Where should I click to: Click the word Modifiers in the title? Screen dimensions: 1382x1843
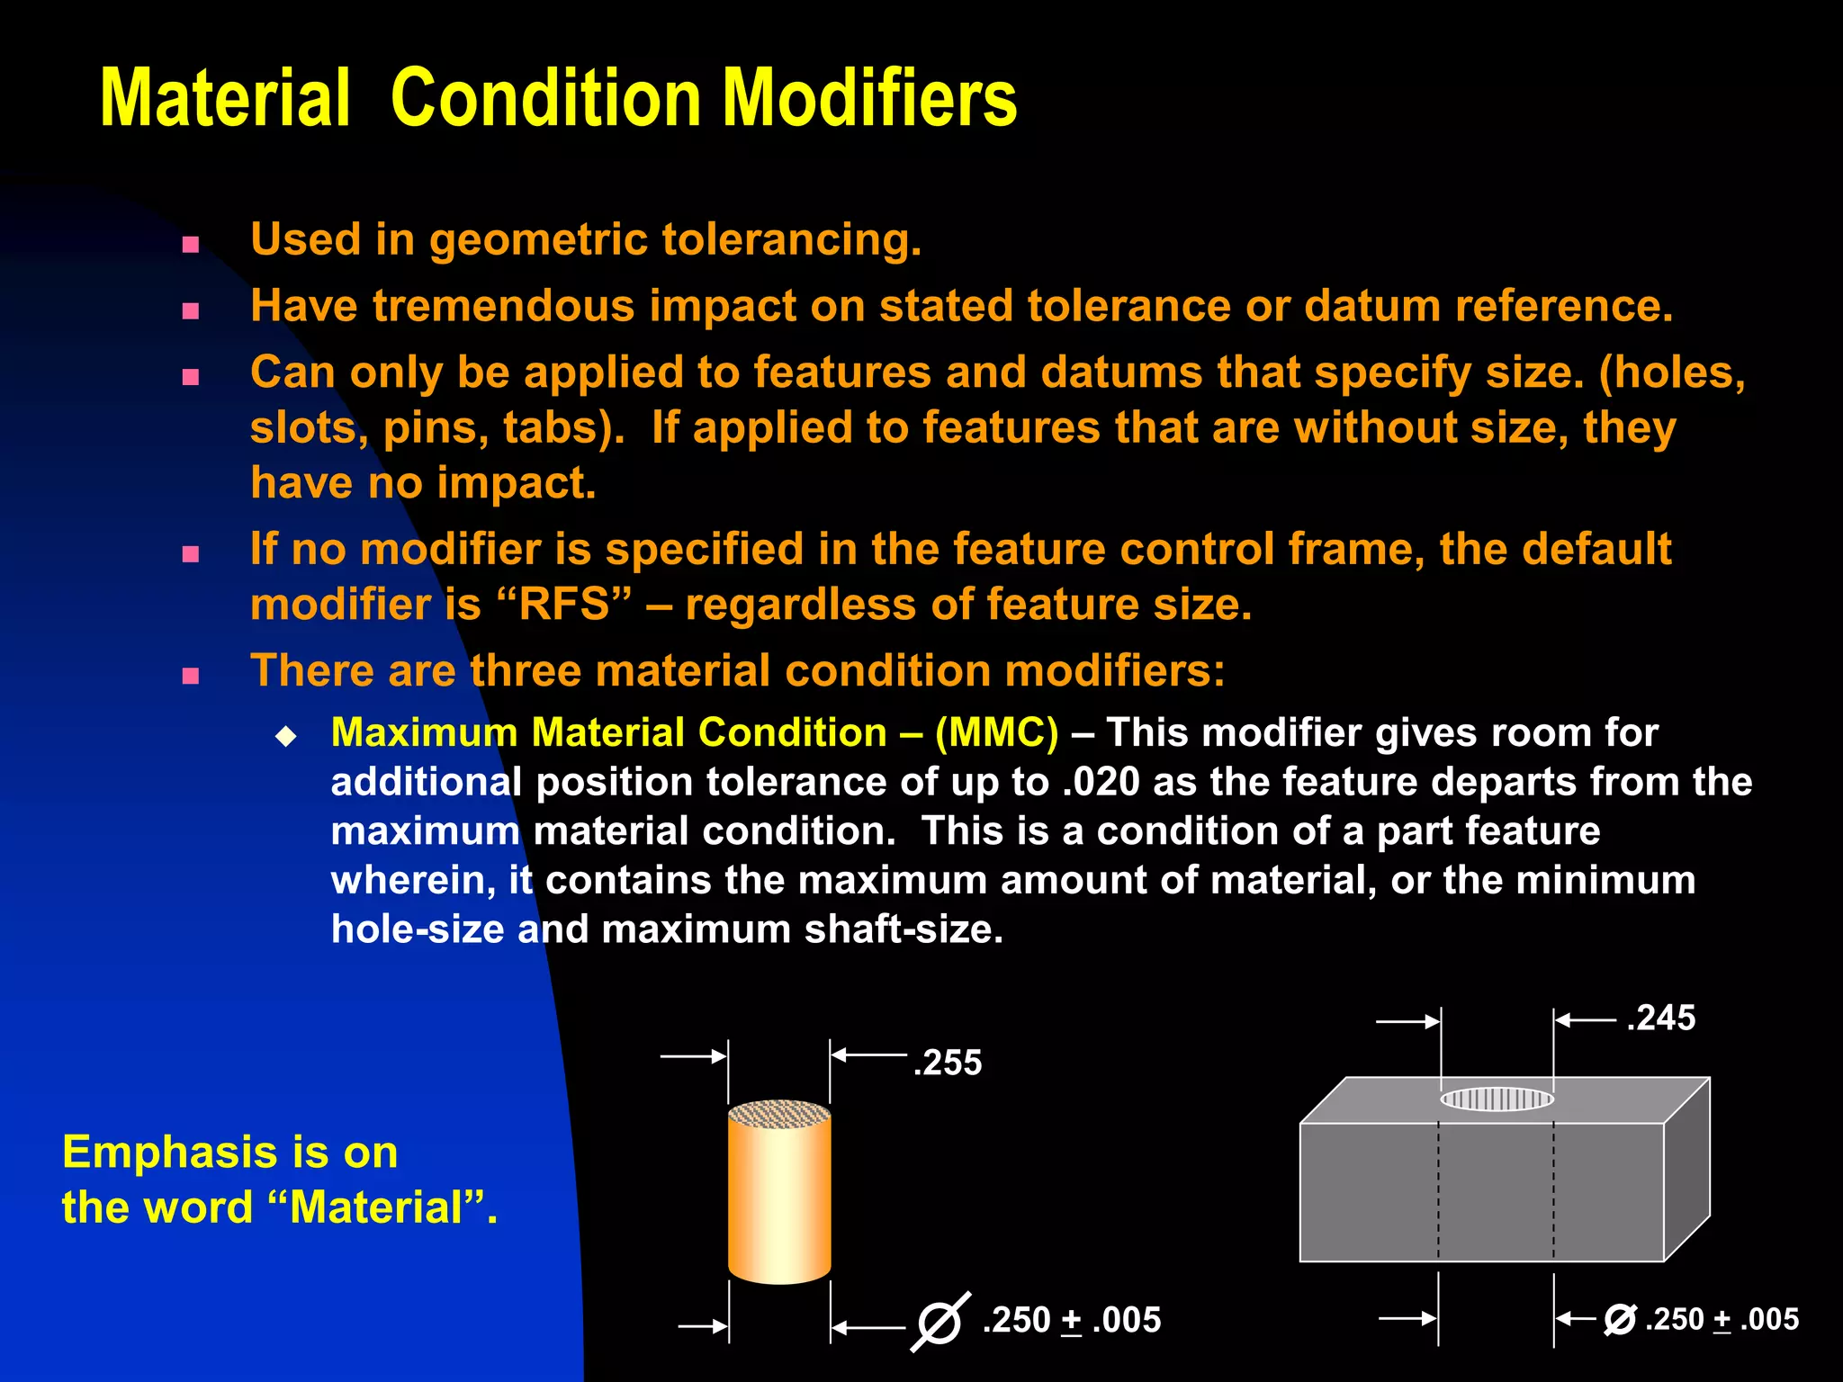869,99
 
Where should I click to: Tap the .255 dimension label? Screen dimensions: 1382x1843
948,1063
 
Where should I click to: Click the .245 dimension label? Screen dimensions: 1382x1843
1661,1018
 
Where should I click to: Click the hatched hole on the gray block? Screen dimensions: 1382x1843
1497,1099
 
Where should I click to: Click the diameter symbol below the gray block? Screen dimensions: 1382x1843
1620,1320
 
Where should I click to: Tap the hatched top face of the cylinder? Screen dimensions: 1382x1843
779,1114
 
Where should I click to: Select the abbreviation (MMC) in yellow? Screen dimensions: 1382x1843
997,732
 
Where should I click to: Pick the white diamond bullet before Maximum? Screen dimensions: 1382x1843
286,737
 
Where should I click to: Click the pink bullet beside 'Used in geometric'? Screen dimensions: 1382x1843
190,245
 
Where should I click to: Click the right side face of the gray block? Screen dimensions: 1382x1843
1686,1170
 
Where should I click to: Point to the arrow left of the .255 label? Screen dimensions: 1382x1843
868,1054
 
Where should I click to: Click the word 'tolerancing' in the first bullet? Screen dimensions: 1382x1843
790,240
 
